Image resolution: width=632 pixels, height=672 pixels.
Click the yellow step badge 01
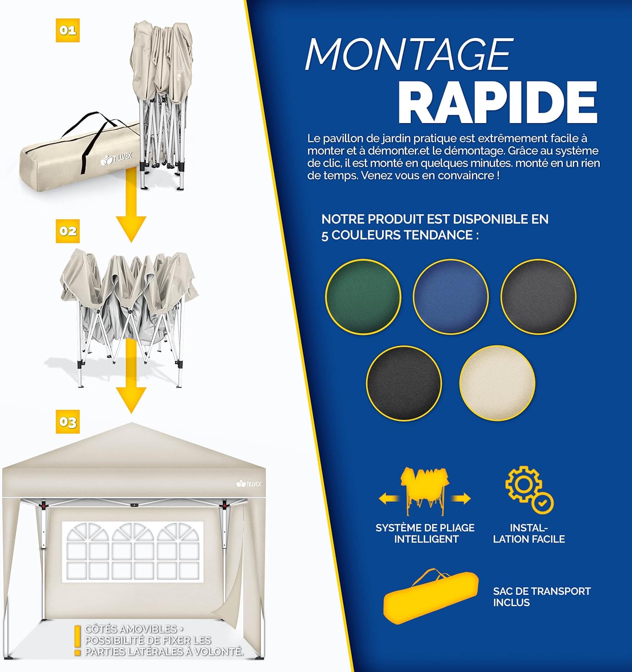click(68, 30)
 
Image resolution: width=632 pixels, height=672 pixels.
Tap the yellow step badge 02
click(68, 231)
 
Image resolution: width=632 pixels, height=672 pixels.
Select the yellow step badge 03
click(68, 422)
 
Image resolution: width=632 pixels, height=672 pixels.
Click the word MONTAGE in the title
click(409, 54)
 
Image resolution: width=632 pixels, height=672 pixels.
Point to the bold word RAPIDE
click(498, 103)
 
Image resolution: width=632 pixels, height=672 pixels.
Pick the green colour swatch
click(363, 297)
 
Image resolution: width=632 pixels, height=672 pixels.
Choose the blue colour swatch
click(451, 297)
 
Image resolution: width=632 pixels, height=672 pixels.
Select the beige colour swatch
click(497, 383)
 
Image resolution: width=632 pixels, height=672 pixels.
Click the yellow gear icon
click(523, 485)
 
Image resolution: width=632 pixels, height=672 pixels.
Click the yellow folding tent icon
click(425, 491)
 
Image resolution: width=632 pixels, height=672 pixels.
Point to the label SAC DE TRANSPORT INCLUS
click(542, 597)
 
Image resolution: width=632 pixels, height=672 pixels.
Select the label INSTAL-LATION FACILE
click(529, 533)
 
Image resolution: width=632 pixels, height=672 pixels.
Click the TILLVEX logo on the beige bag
click(117, 158)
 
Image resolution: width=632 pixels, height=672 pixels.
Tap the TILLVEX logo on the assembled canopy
click(249, 484)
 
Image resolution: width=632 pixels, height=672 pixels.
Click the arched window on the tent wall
click(133, 552)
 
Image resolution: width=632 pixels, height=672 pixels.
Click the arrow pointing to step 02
click(131, 205)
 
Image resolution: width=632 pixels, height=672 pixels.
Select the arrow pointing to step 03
click(131, 375)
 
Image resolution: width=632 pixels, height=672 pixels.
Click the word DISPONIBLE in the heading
click(477, 219)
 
